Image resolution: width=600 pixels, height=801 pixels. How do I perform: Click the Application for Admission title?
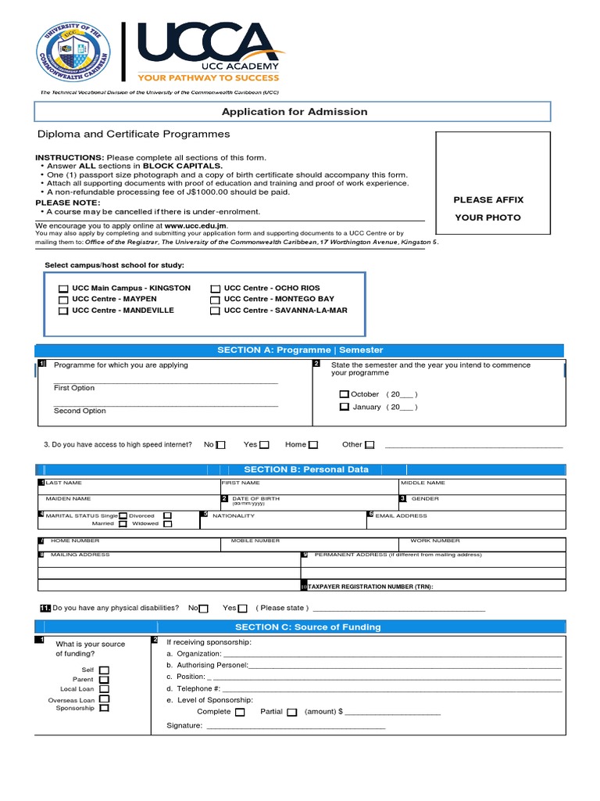point(295,112)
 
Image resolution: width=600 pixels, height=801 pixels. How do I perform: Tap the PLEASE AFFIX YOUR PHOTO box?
point(488,209)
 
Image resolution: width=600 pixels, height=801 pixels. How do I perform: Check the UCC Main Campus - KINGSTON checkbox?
point(63,289)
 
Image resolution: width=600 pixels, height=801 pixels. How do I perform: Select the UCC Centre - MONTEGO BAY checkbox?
point(215,300)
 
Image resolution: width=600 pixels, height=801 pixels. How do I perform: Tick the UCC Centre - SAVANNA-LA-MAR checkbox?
point(215,311)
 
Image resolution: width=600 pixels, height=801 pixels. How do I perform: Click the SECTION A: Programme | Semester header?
point(300,350)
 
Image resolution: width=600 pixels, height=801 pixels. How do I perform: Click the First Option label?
point(74,388)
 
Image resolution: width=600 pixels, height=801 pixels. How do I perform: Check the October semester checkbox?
point(344,395)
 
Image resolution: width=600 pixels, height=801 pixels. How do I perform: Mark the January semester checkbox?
point(344,408)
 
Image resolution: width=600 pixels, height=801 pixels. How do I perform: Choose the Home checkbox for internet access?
point(312,445)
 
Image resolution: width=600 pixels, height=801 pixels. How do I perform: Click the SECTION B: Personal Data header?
point(300,469)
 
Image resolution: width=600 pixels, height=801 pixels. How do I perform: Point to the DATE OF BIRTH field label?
point(255,498)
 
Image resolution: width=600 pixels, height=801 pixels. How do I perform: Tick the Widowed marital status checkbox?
point(167,524)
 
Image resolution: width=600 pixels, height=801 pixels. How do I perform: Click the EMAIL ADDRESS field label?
point(401,515)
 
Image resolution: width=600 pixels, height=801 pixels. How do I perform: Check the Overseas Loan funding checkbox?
point(104,699)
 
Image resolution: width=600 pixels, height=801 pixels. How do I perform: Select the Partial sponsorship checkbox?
point(291,713)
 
